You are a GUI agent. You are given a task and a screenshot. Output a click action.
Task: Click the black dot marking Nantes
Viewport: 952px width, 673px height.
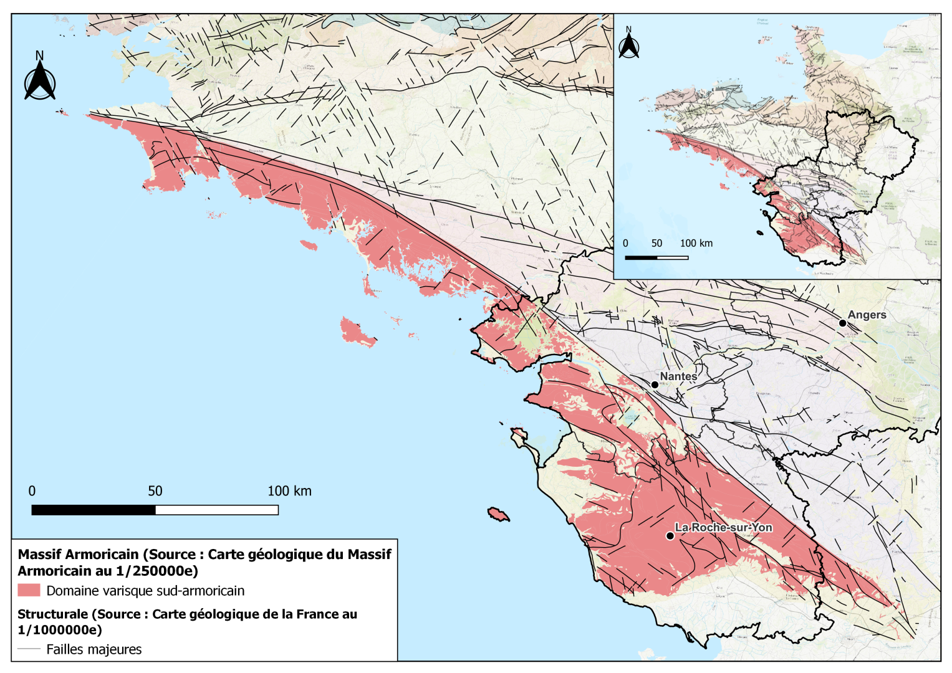(x=655, y=384)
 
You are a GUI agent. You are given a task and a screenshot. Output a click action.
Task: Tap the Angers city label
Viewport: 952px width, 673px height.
(x=867, y=315)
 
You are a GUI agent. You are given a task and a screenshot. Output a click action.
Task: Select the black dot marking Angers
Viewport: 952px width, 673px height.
(x=842, y=323)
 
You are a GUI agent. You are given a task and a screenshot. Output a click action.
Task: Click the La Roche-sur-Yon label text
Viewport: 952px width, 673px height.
(x=723, y=527)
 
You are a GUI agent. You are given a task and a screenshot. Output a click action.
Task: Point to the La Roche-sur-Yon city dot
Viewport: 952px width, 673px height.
(x=670, y=536)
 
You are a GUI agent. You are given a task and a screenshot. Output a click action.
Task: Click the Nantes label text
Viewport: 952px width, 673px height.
(x=678, y=376)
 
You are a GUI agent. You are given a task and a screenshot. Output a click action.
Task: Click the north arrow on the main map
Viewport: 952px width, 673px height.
(x=40, y=77)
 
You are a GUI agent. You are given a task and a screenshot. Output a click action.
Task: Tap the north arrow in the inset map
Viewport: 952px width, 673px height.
(x=628, y=43)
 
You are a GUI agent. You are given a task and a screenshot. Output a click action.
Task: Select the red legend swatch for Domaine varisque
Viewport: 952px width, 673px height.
(x=29, y=590)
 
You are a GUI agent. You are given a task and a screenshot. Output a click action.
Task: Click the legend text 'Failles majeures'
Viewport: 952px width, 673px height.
(x=94, y=649)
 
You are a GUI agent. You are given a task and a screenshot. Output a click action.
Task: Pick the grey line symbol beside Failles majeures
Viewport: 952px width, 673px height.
(x=29, y=649)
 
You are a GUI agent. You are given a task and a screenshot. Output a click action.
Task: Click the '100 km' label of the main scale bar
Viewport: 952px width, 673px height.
(x=289, y=491)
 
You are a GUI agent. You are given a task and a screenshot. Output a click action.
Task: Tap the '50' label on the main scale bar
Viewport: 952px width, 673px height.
(x=155, y=491)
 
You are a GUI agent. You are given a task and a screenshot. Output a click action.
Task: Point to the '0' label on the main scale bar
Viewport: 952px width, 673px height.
(x=32, y=491)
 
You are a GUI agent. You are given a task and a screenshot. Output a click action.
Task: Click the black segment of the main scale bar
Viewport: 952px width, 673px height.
(x=94, y=510)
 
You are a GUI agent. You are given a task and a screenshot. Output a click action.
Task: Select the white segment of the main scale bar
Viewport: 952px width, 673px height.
(x=216, y=510)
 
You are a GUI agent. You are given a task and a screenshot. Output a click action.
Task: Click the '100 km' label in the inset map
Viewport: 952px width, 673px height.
(x=696, y=243)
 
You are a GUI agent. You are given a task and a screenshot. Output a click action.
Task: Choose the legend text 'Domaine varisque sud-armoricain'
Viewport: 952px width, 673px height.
(x=145, y=591)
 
